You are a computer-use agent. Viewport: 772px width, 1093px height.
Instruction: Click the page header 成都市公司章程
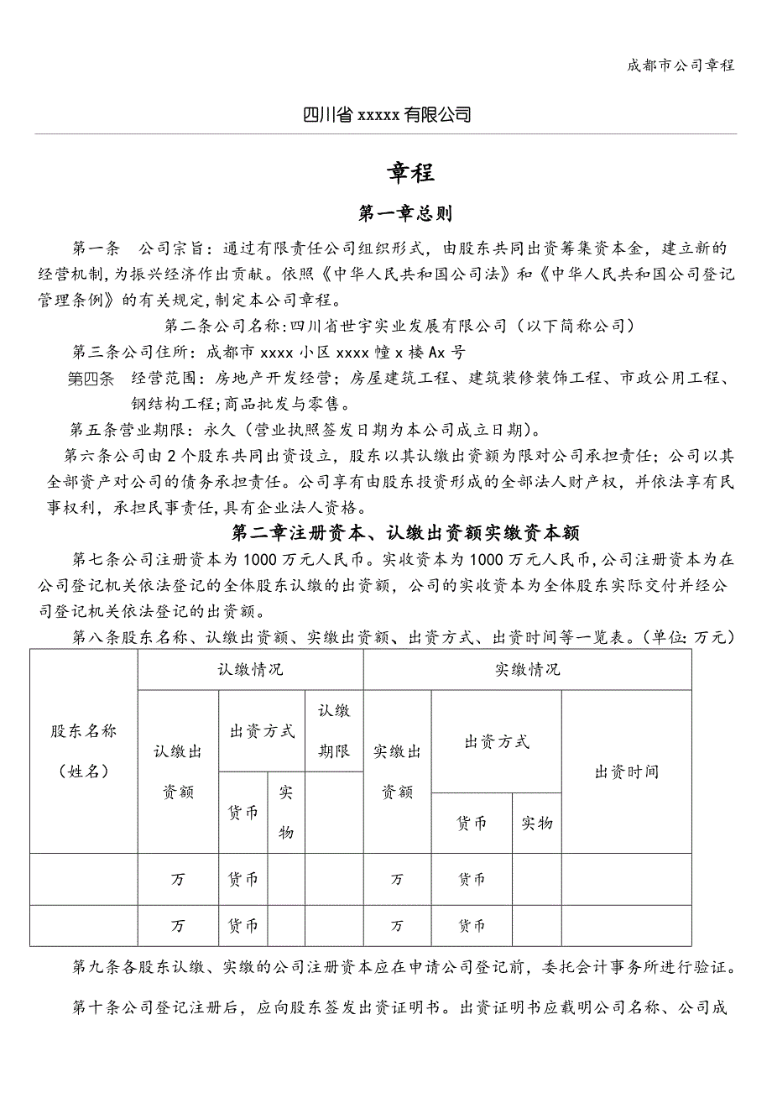click(681, 65)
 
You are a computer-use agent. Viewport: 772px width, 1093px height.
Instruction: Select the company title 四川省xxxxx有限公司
click(386, 115)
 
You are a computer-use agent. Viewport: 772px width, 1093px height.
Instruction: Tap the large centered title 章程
click(410, 172)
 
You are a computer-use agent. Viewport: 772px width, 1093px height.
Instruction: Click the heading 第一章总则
click(405, 214)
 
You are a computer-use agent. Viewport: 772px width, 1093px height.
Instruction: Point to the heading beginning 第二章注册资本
click(405, 532)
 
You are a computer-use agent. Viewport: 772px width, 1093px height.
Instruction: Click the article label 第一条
click(97, 248)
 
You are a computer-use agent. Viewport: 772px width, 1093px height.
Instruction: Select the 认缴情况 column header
click(250, 669)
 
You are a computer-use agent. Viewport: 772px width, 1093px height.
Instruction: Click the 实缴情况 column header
click(527, 669)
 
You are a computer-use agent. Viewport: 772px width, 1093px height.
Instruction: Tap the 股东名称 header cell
click(83, 750)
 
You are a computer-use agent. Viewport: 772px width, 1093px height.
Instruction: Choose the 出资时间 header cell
click(626, 771)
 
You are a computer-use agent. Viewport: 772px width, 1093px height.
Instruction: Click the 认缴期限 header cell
click(334, 730)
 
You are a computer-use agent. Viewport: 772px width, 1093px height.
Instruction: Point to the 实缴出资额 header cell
click(397, 771)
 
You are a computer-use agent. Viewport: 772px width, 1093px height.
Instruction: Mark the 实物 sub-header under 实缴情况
click(536, 824)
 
